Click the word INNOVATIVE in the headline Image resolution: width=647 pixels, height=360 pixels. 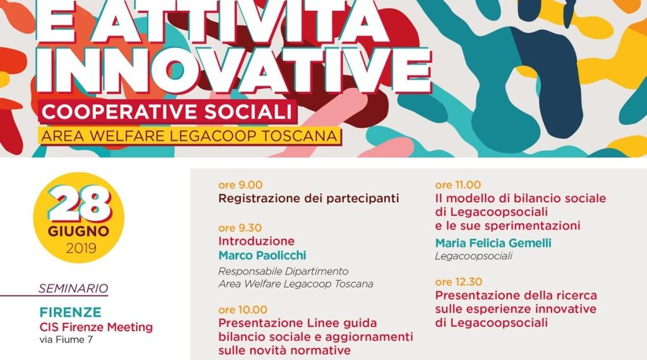(x=234, y=70)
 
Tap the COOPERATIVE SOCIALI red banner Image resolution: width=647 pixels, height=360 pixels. (x=167, y=112)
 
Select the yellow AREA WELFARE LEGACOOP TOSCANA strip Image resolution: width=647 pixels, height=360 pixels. (x=190, y=136)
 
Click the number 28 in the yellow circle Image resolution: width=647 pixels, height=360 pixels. (x=79, y=205)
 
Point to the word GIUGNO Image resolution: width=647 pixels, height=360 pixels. (x=78, y=231)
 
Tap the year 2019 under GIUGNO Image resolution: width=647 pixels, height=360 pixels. (x=81, y=248)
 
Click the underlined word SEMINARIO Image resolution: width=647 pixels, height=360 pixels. (x=73, y=288)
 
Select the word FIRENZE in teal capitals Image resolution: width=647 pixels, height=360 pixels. (x=71, y=312)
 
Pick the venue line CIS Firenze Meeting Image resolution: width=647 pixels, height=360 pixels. (x=96, y=327)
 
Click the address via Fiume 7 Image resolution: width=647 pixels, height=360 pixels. (x=66, y=340)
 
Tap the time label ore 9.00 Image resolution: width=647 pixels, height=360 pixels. (x=241, y=185)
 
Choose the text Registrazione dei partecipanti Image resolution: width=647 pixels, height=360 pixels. (x=308, y=198)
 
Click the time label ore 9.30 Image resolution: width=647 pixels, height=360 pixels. (x=240, y=227)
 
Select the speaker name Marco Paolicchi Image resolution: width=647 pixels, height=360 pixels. (x=262, y=255)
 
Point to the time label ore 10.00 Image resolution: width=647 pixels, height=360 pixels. (x=243, y=309)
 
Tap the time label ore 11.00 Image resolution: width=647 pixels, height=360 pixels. (x=458, y=185)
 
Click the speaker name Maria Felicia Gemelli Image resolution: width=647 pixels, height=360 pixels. (x=493, y=243)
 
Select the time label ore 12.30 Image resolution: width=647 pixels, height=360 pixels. (x=459, y=282)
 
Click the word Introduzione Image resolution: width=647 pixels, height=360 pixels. (x=257, y=241)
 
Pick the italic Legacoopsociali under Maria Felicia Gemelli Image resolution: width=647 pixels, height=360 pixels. (x=474, y=256)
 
